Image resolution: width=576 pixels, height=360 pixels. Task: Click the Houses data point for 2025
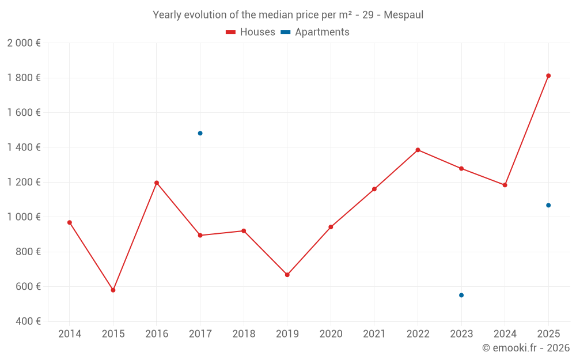548,75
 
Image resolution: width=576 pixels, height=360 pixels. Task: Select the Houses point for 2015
113,290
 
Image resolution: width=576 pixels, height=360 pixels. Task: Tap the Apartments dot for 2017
200,133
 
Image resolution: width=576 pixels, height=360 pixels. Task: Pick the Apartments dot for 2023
461,295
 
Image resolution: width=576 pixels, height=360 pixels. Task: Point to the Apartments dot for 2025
548,205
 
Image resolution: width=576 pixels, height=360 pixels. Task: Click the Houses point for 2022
418,150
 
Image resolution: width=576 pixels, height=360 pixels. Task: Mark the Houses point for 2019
287,275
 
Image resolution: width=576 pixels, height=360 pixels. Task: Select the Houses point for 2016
157,183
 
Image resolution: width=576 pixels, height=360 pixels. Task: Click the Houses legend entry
251,32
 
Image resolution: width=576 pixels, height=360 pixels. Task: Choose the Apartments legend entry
315,32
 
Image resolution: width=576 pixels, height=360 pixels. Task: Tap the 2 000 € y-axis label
24,43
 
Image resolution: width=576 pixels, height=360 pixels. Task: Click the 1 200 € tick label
24,182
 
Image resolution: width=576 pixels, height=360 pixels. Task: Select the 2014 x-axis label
70,334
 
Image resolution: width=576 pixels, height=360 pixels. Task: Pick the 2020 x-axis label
331,334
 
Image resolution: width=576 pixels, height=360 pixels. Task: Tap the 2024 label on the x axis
505,334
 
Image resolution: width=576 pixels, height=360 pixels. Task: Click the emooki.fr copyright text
525,348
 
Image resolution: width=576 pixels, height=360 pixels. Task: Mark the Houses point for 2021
374,189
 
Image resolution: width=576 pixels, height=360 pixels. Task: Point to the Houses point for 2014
70,222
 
